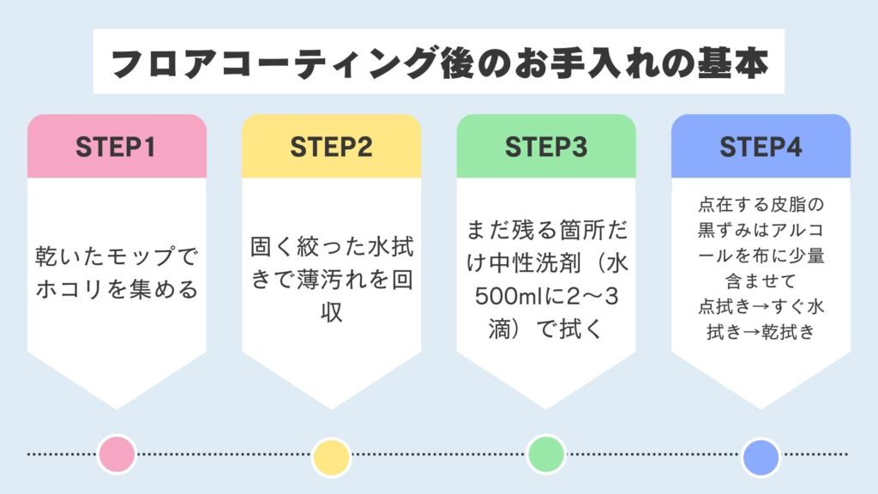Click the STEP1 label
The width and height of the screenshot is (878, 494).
click(x=117, y=147)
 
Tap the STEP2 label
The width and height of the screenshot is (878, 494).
click(x=331, y=147)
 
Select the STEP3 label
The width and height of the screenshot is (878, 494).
click(x=546, y=147)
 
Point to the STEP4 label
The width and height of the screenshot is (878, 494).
click(x=761, y=147)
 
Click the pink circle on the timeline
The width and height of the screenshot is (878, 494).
click(x=117, y=455)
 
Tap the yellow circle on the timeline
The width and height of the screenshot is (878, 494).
click(x=331, y=456)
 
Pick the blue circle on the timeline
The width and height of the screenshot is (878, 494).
click(x=761, y=456)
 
